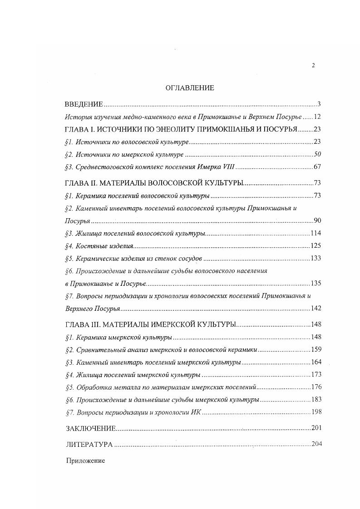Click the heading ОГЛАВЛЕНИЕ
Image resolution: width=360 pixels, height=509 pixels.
pos(190,88)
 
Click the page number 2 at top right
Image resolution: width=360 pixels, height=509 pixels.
pos(313,65)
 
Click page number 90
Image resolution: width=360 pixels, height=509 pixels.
pos(317,221)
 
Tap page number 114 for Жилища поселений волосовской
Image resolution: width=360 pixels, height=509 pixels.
pos(316,233)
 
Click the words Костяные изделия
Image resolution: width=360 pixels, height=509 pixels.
pos(104,246)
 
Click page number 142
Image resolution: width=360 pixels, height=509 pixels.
pos(316,308)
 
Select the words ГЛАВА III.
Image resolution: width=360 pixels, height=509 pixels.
pos(83,325)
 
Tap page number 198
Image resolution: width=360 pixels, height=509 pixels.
pos(316,412)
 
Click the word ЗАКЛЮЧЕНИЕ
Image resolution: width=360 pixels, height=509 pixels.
pos(91,428)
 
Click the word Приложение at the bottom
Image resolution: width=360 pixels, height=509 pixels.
pos(85,460)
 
